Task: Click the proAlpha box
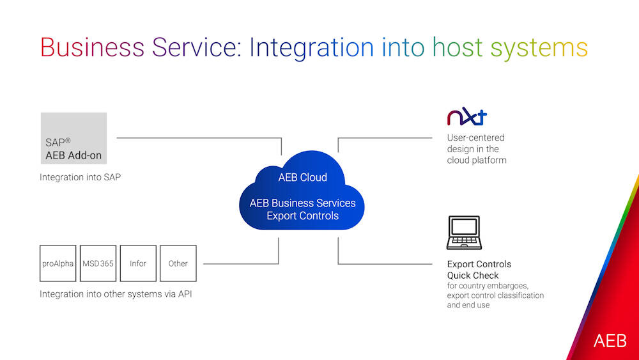tap(58, 263)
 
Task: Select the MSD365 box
tap(98, 263)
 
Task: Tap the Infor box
tap(138, 263)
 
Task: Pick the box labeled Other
tap(178, 263)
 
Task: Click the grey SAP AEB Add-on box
tap(73, 139)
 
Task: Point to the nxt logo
tap(466, 118)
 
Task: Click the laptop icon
tap(463, 233)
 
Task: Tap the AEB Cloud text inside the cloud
tap(302, 177)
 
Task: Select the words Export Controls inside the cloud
tap(302, 216)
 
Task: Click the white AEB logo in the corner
tap(610, 341)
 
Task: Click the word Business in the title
tap(93, 48)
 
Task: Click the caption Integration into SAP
tap(81, 177)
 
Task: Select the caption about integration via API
tap(116, 294)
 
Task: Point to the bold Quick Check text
tap(473, 276)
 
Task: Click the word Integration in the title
tap(311, 48)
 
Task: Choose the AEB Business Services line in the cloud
tap(302, 203)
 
